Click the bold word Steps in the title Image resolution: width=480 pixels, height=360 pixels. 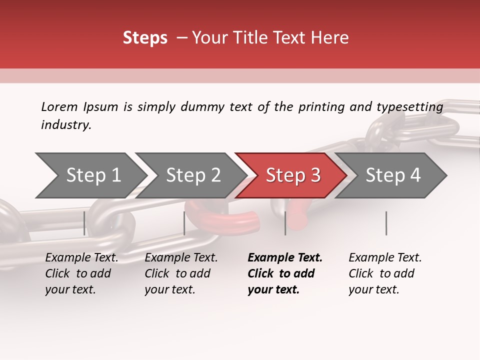[x=145, y=38]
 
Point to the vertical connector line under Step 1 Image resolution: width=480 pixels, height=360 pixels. [x=84, y=223]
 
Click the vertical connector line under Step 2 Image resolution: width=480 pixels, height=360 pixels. [x=184, y=223]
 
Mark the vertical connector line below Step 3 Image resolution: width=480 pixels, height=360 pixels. [x=285, y=223]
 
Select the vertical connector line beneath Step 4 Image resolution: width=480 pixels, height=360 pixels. [x=386, y=223]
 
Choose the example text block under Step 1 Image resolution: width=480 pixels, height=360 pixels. [x=81, y=273]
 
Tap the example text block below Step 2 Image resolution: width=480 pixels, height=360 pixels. [x=181, y=273]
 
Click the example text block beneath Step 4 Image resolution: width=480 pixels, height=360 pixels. [x=385, y=273]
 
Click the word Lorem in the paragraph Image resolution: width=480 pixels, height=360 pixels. [x=59, y=106]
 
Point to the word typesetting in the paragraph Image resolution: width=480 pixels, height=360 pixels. [x=409, y=107]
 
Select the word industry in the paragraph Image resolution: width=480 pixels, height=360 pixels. [x=65, y=125]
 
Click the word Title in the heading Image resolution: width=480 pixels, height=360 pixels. [x=247, y=38]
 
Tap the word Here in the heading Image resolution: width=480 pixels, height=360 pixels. [x=330, y=38]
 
